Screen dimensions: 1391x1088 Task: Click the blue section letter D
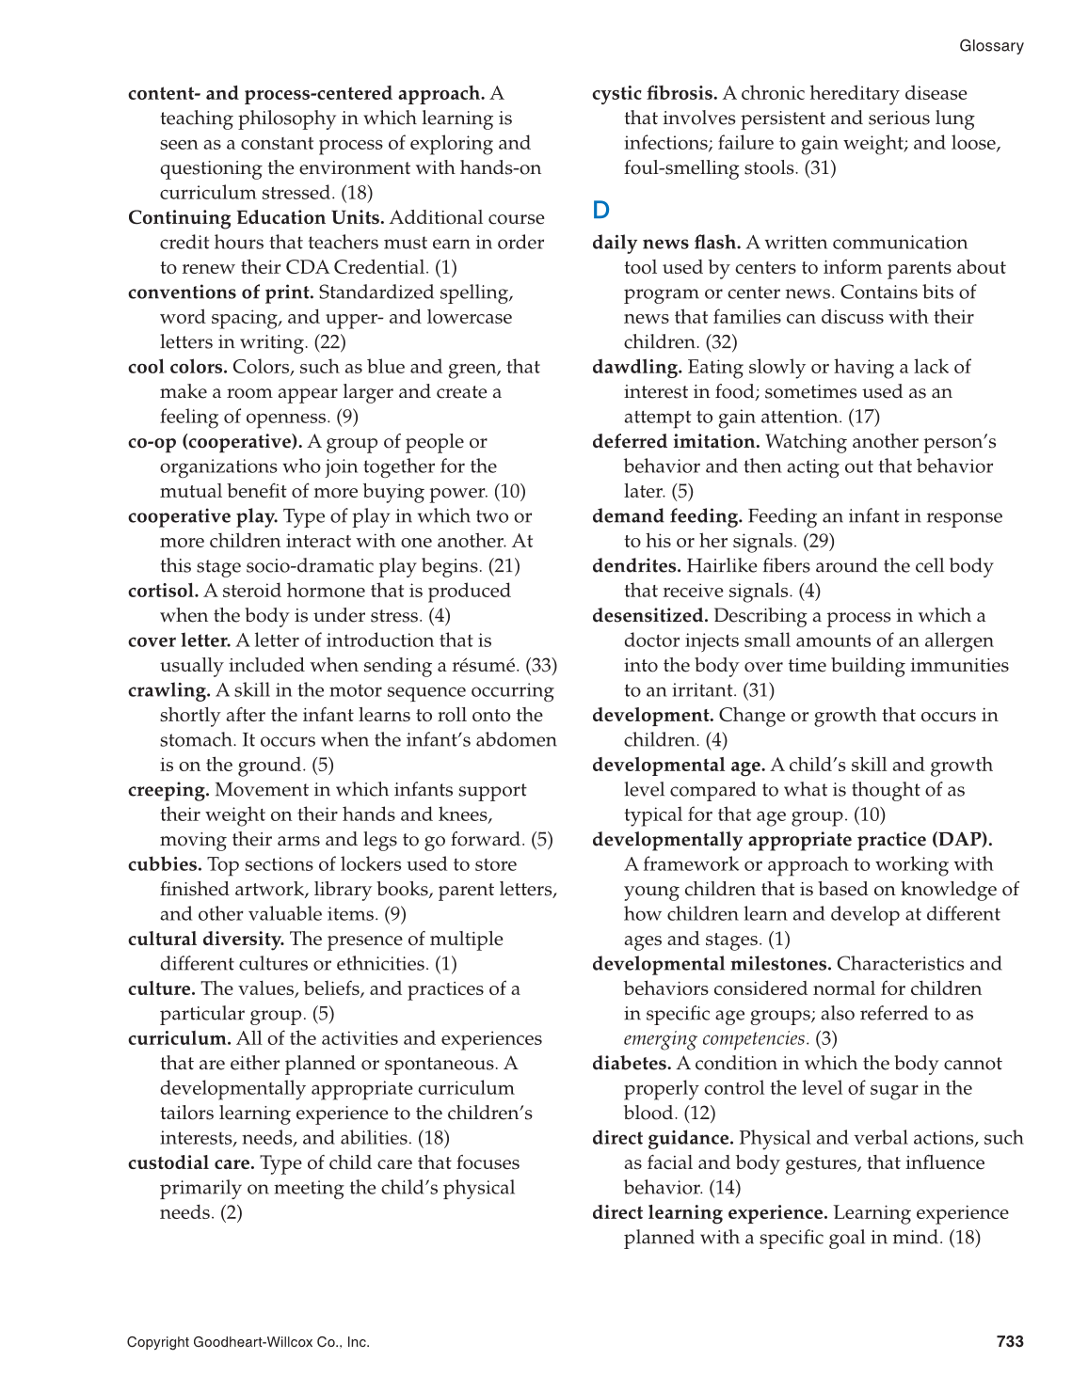click(601, 210)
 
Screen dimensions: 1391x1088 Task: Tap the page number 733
click(1010, 1341)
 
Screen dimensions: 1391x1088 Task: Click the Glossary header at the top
click(991, 46)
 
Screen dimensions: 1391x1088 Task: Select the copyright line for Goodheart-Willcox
click(248, 1342)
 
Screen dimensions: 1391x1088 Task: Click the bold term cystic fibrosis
click(654, 93)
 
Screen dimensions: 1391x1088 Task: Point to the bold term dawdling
click(637, 367)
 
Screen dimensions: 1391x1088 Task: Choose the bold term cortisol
click(164, 591)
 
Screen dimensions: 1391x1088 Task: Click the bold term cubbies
click(165, 864)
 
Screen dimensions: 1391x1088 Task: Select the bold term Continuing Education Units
click(256, 217)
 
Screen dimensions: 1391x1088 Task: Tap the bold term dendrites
click(636, 566)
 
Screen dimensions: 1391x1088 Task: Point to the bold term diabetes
click(632, 1064)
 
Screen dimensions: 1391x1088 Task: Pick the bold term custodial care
click(191, 1163)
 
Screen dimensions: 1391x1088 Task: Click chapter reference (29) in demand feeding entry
click(818, 541)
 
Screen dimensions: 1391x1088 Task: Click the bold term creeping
click(168, 790)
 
